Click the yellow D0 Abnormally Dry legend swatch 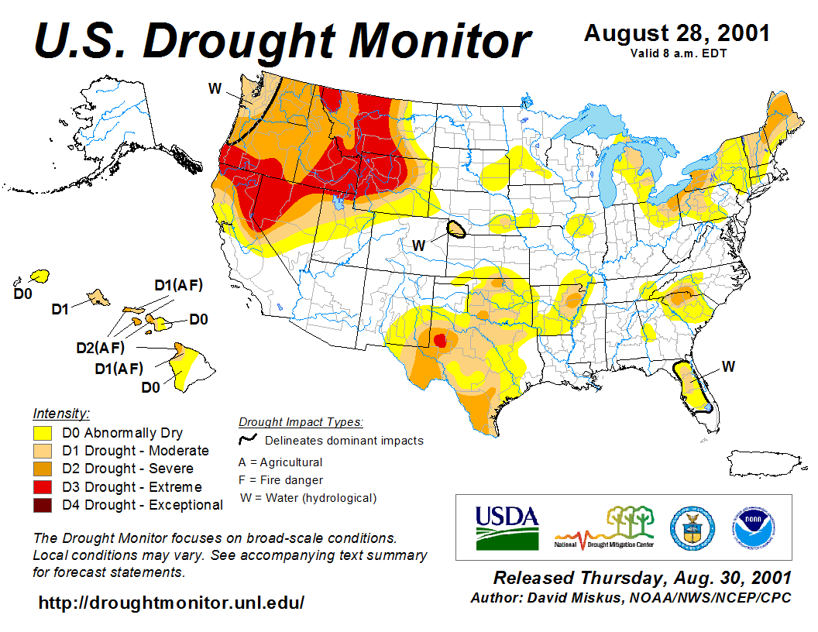42,433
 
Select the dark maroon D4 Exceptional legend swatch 42,505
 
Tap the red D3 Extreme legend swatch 42,487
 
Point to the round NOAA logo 750,527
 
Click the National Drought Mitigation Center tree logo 605,527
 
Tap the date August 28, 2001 676,33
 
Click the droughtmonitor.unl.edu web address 171,602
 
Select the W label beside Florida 728,366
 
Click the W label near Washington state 215,88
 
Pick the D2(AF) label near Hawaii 100,348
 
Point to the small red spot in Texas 440,340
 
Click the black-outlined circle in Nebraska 457,229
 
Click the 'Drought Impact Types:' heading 301,422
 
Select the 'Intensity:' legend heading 61,413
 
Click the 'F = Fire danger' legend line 281,480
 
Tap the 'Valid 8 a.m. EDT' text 676,53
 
